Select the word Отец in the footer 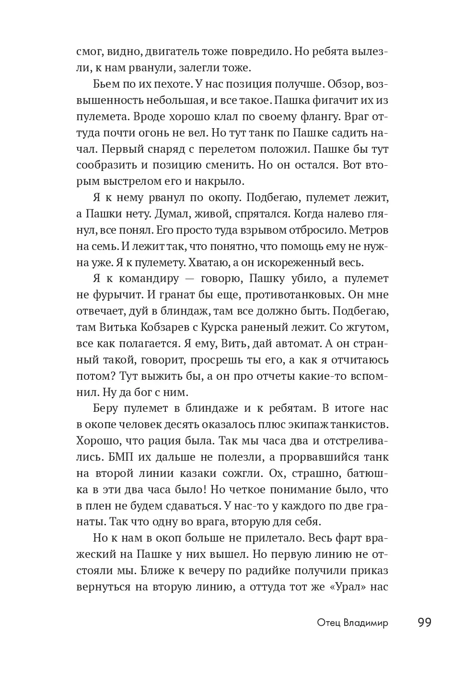328,623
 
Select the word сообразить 106,166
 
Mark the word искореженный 297,262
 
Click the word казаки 224,474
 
